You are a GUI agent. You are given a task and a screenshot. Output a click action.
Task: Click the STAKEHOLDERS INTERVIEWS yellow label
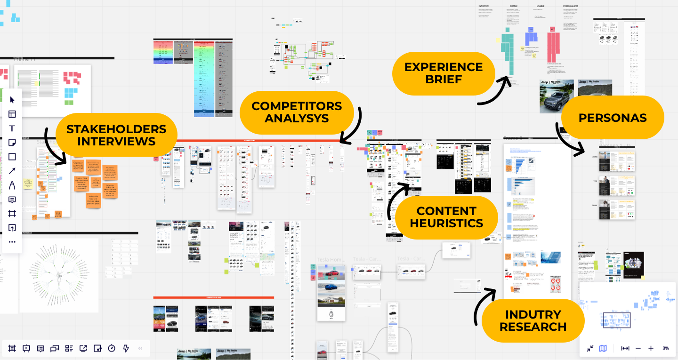point(116,135)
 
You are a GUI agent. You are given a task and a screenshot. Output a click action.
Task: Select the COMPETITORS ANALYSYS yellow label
point(297,112)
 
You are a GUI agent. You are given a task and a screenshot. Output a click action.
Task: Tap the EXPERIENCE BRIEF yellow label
point(444,73)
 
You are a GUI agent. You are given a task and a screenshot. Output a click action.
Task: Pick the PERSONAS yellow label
point(613,118)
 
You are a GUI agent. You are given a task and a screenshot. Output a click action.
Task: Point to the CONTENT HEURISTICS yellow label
point(446,217)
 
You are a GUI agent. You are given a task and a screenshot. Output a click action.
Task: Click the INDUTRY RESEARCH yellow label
point(533,320)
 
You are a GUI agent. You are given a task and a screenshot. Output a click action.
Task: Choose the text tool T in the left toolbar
point(12,128)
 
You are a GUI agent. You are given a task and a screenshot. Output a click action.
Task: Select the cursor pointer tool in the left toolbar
point(12,100)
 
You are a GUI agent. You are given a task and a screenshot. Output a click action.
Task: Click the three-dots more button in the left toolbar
point(12,242)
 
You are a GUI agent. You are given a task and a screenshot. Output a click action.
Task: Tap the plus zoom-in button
point(651,348)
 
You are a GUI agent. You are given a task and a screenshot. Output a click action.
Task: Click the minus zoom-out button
point(638,348)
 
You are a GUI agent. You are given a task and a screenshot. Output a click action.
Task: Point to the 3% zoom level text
point(666,348)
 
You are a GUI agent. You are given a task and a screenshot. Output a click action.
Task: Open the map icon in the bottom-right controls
point(603,348)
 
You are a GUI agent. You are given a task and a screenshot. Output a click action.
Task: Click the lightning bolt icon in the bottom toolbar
point(126,348)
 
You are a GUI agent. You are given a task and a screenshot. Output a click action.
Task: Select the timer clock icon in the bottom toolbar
point(112,348)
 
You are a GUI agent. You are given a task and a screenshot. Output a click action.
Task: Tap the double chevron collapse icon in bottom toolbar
point(140,348)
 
